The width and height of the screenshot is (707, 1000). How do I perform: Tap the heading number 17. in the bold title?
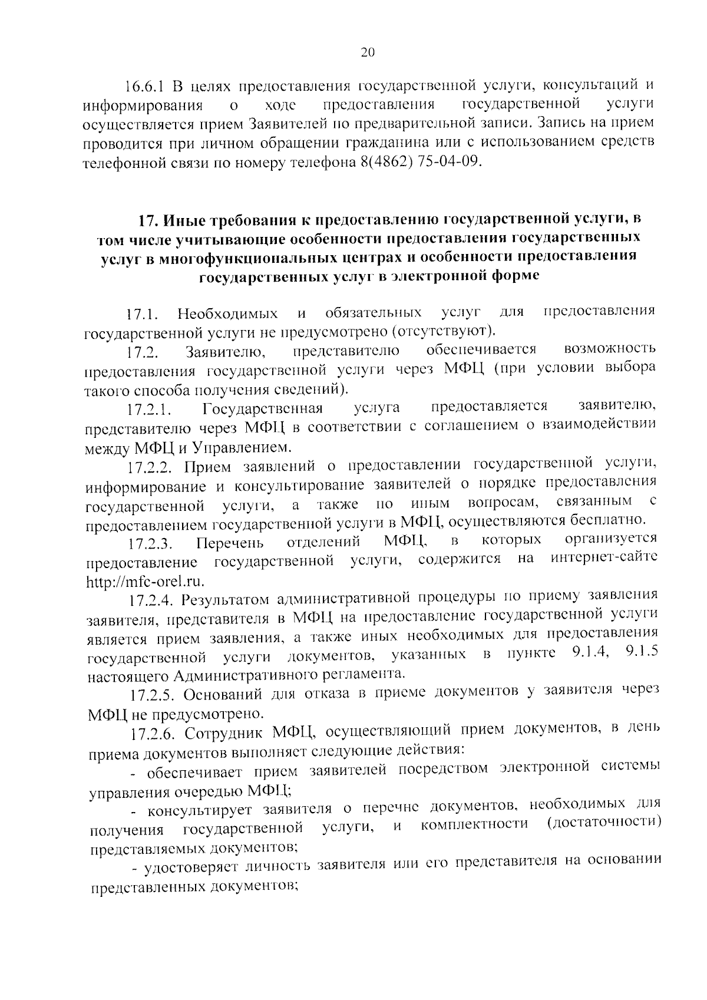pyautogui.click(x=148, y=221)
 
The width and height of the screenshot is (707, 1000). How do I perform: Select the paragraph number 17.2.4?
pyautogui.click(x=152, y=601)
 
